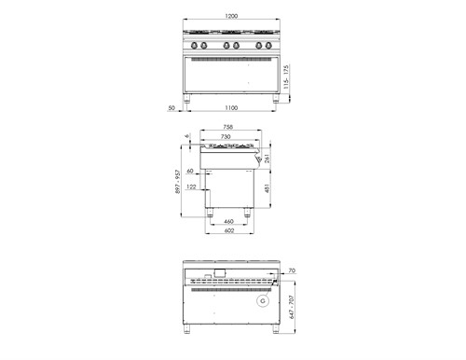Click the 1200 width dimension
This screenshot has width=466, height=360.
(x=231, y=17)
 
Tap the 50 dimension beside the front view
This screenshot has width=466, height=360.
(x=172, y=108)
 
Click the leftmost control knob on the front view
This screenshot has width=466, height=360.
(x=193, y=46)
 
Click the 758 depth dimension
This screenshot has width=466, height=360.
(x=227, y=128)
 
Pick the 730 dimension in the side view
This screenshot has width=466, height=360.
(x=226, y=136)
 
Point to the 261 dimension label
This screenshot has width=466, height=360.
(x=269, y=159)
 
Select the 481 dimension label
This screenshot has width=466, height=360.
(x=269, y=189)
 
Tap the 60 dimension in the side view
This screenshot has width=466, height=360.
(x=189, y=172)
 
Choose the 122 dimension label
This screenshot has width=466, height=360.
(x=191, y=187)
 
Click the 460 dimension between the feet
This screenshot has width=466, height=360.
(x=228, y=221)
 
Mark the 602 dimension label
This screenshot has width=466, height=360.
(x=228, y=232)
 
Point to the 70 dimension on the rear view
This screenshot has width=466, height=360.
(x=292, y=270)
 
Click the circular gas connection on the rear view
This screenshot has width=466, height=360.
(x=264, y=300)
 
